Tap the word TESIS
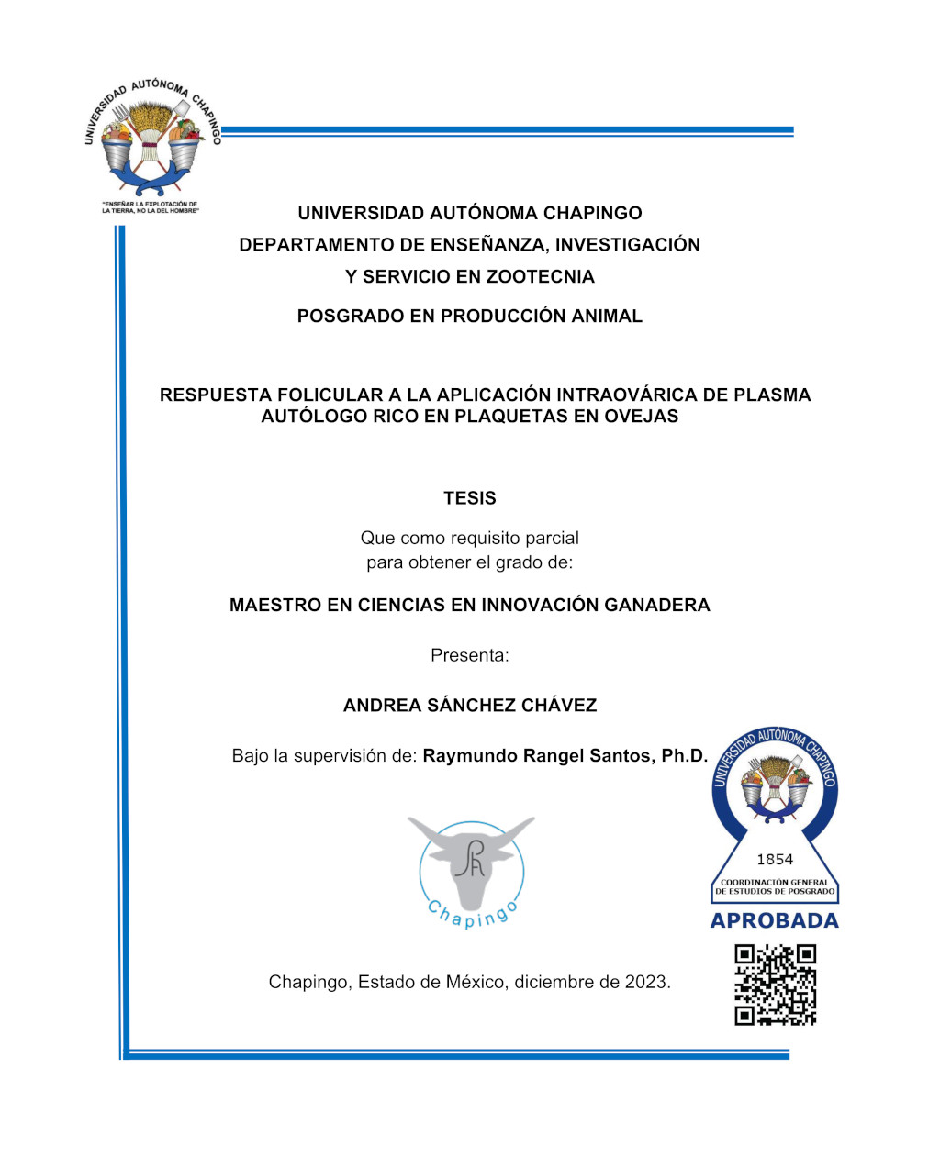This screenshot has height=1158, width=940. coord(469,498)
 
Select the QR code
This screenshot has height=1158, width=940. coord(775,985)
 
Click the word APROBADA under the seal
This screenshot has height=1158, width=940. coord(775,921)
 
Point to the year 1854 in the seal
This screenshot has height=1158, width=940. coord(775,860)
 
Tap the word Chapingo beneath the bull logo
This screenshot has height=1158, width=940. coord(472,914)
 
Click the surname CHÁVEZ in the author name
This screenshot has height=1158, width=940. coord(559,706)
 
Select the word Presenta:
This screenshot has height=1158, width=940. coord(469,655)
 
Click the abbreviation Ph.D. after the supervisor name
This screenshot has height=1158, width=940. coord(684,756)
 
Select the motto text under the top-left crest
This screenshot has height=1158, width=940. coord(150,208)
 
